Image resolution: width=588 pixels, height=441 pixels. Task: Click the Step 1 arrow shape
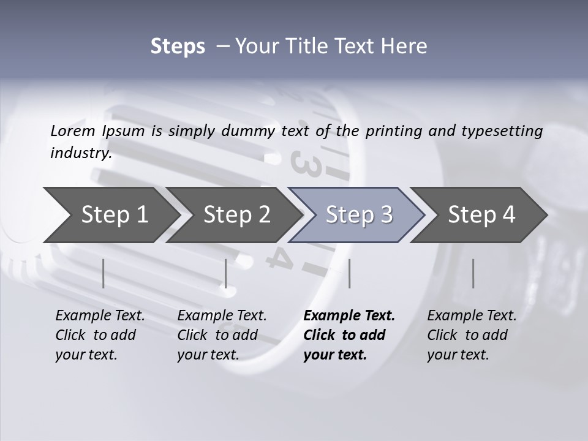[x=110, y=215]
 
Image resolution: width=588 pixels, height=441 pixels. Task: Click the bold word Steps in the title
[x=178, y=46]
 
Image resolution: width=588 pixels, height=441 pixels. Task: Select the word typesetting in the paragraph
[x=502, y=130]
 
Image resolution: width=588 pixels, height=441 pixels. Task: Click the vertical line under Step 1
[x=104, y=273]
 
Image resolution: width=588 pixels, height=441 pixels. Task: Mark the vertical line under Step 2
[x=226, y=273]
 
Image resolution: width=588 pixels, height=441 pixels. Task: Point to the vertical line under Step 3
[x=349, y=273]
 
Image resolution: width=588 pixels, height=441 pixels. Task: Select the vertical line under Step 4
[x=473, y=273]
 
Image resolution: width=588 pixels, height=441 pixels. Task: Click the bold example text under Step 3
[x=349, y=335]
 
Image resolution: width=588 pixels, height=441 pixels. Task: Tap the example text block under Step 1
[x=99, y=335]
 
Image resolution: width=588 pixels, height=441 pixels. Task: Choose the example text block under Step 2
[x=221, y=335]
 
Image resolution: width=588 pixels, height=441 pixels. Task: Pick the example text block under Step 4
[x=471, y=335]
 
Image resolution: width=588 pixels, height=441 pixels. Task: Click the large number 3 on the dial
[x=305, y=162]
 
